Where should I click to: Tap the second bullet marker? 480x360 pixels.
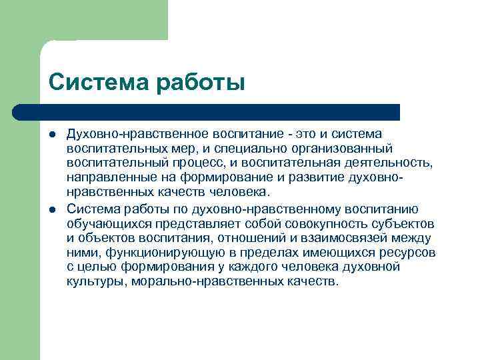53,209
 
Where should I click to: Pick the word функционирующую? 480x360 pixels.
153,253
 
